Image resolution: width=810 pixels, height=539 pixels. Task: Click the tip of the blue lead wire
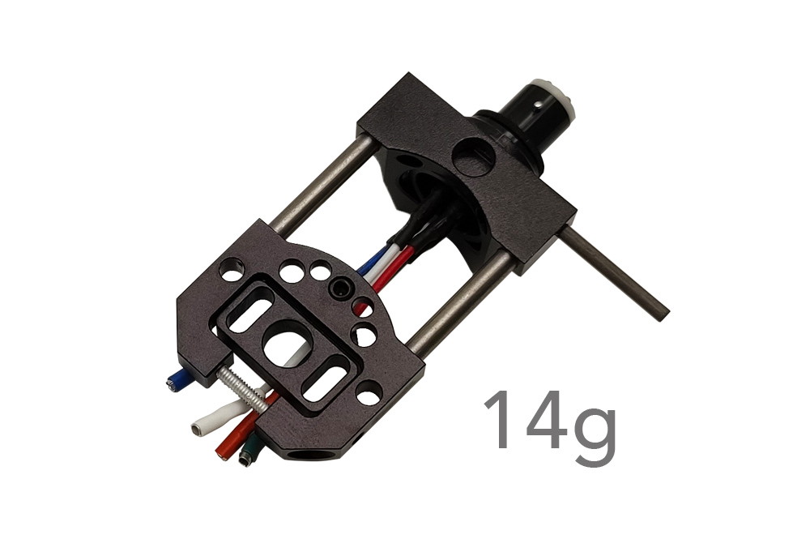(x=170, y=384)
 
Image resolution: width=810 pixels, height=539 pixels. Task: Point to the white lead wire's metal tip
(x=196, y=429)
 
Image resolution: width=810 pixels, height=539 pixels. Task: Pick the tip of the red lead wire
(x=220, y=453)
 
